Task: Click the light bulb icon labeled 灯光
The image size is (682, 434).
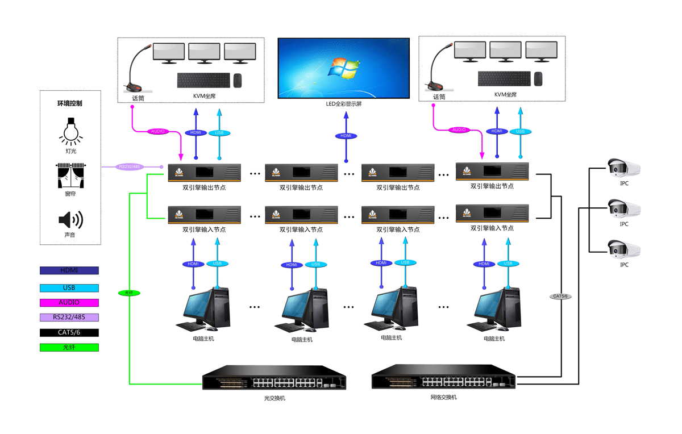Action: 70,130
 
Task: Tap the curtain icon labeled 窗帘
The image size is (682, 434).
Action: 70,176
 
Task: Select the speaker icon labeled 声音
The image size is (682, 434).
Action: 70,219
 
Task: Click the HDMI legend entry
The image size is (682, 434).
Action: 69,270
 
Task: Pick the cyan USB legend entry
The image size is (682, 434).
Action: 69,288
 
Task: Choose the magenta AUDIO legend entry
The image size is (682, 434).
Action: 69,303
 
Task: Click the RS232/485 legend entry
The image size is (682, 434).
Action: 69,318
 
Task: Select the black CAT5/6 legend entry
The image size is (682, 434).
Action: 69,333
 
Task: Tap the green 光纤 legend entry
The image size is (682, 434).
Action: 69,347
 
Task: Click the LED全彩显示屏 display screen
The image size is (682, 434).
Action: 343,68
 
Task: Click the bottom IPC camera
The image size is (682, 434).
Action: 623,249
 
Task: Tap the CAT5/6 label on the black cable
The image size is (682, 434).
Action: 560,297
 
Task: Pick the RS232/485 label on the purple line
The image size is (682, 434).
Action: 130,167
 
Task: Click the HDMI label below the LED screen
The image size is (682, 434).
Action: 346,136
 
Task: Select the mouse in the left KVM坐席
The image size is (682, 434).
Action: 238,80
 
